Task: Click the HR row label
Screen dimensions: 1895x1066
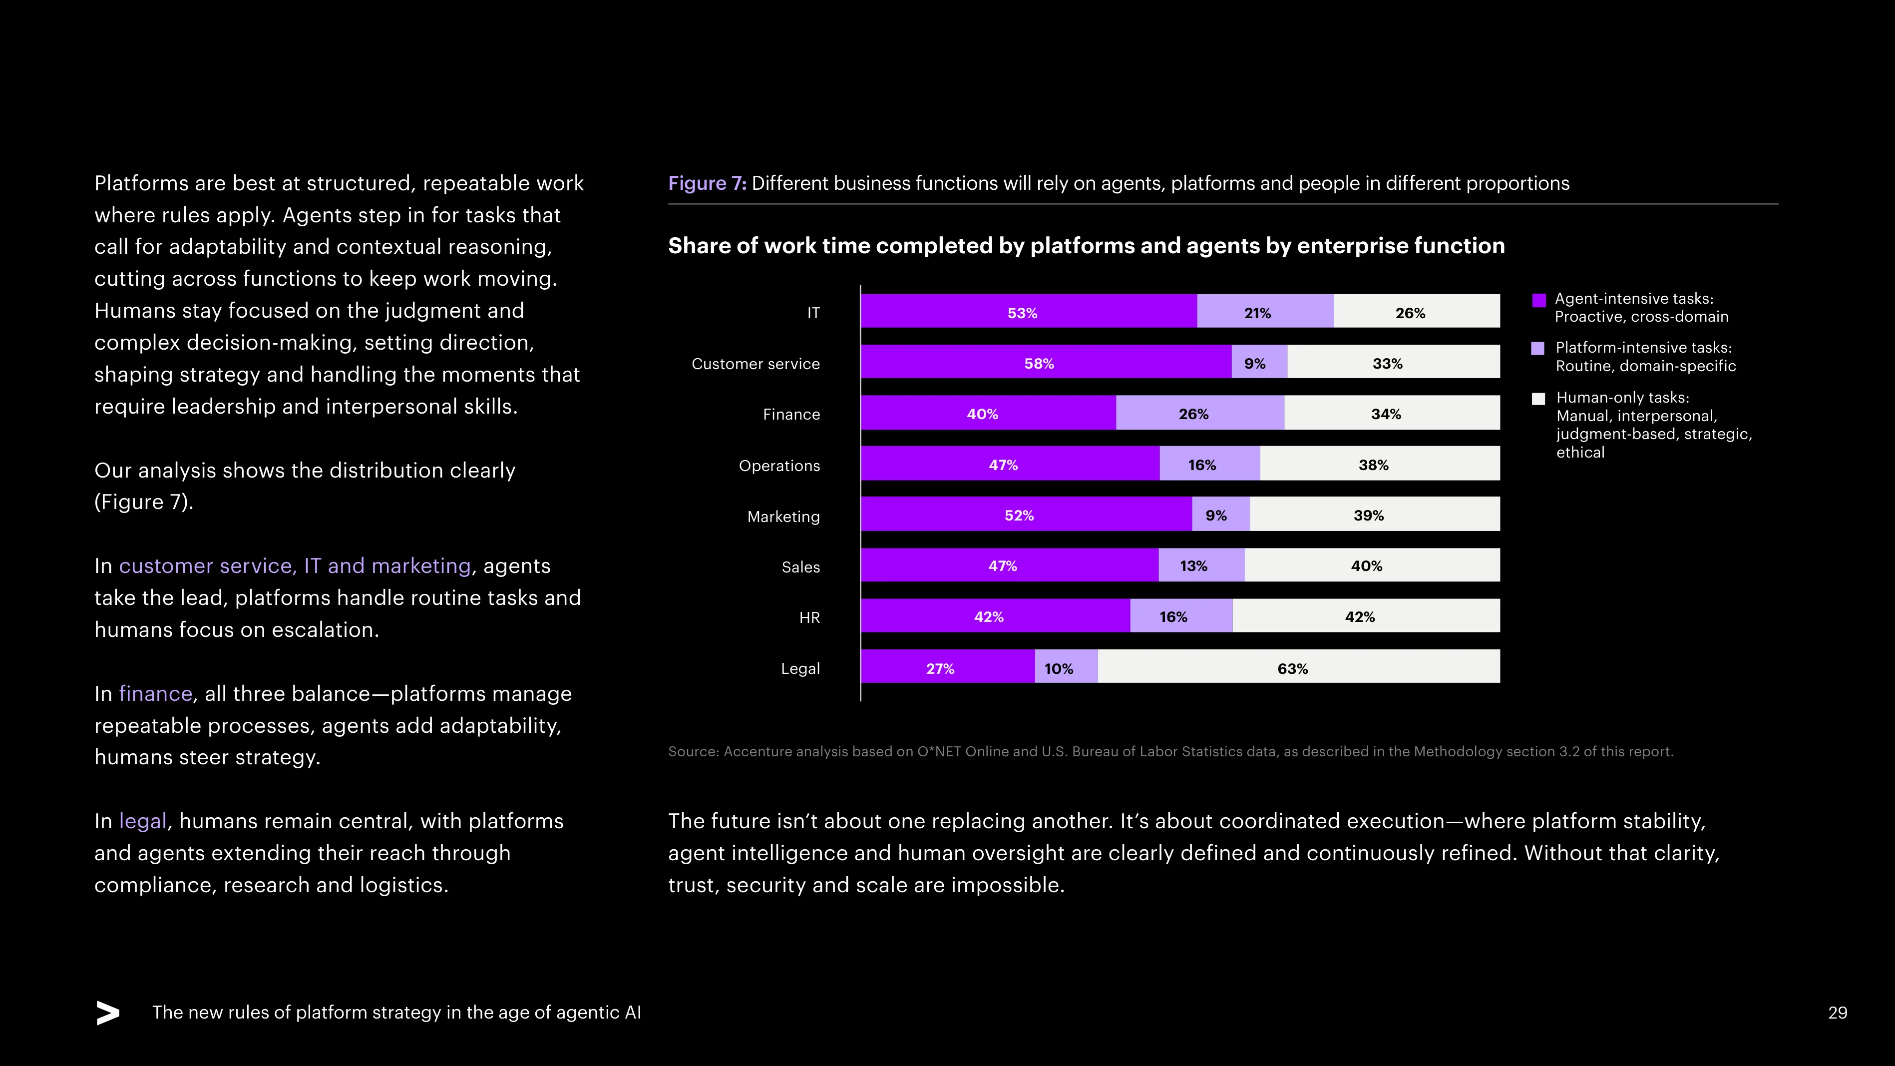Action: tap(809, 618)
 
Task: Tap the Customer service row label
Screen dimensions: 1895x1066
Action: tap(756, 364)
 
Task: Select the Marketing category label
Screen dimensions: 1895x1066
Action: tap(783, 517)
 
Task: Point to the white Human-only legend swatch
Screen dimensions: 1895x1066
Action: tap(1538, 399)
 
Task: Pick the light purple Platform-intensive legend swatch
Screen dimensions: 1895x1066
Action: tap(1538, 349)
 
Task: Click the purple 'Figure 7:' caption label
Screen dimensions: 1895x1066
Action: tap(707, 183)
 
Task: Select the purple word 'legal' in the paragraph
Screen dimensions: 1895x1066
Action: tap(143, 821)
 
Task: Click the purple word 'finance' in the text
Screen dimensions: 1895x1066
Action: tap(155, 694)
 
